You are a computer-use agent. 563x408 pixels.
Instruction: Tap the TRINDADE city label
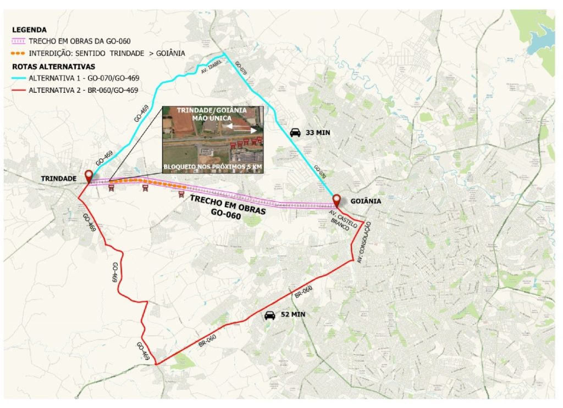pyautogui.click(x=58, y=178)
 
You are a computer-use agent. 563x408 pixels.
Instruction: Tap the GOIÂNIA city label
pyautogui.click(x=365, y=202)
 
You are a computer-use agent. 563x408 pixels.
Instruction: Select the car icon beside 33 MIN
pyautogui.click(x=295, y=132)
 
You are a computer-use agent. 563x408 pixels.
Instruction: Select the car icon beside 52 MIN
pyautogui.click(x=269, y=315)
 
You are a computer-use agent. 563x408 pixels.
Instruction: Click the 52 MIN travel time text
pyautogui.click(x=292, y=315)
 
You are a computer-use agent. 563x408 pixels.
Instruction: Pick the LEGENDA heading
pyautogui.click(x=29, y=30)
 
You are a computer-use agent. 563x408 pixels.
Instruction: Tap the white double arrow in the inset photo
pyautogui.click(x=241, y=128)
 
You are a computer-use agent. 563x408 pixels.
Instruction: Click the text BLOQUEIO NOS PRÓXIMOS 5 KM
pyautogui.click(x=212, y=165)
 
